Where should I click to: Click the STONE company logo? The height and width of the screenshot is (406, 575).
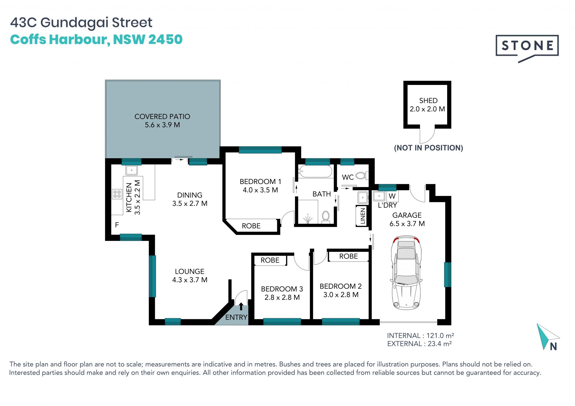[527, 48]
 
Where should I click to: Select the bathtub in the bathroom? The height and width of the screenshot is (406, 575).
[315, 171]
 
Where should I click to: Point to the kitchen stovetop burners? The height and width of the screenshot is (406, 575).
[117, 194]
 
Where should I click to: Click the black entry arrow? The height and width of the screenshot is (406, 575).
[241, 306]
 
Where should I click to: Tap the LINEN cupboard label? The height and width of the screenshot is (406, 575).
[363, 216]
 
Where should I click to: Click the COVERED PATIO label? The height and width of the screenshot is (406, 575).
[162, 116]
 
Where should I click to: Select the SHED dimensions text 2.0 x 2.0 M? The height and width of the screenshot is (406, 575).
[427, 109]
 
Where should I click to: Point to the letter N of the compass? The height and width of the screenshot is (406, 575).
[553, 346]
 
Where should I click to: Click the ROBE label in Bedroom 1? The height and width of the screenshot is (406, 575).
[251, 226]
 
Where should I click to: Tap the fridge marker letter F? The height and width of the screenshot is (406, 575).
[117, 225]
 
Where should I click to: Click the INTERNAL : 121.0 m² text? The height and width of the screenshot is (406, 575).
[420, 335]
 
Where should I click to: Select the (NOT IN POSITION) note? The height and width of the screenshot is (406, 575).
[429, 148]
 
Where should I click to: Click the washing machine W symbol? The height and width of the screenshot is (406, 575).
[392, 196]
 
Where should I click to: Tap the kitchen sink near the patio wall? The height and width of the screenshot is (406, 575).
[131, 170]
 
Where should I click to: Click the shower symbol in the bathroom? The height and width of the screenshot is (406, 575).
[308, 219]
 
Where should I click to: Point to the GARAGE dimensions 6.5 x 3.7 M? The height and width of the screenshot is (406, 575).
[407, 224]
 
